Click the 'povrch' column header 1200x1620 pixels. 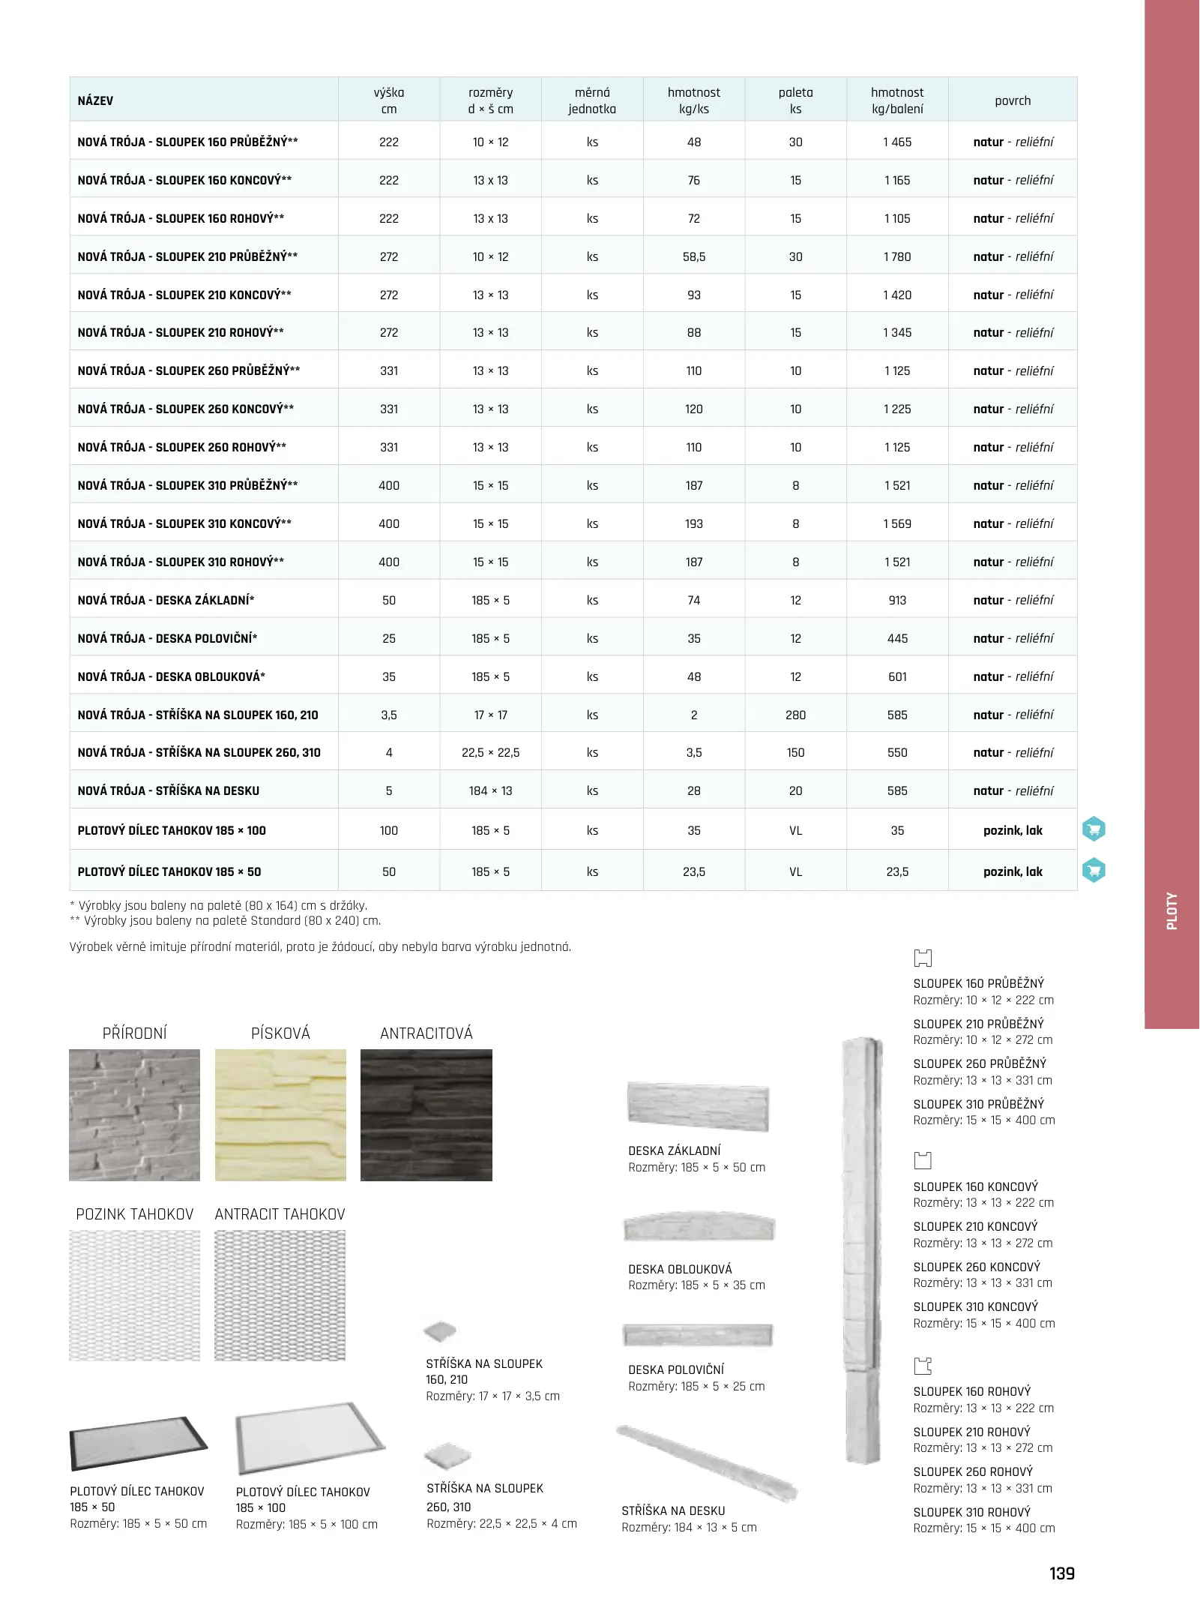[1012, 100]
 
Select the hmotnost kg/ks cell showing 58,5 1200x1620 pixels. [693, 256]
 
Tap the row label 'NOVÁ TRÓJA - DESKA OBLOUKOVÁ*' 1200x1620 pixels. [172, 676]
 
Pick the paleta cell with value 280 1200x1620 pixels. [795, 715]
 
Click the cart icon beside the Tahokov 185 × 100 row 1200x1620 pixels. [1094, 829]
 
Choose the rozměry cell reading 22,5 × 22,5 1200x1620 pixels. [490, 752]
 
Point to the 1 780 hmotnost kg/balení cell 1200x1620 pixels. [896, 256]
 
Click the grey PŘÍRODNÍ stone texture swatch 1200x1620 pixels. [135, 1114]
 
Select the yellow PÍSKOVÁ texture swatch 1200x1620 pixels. [280, 1114]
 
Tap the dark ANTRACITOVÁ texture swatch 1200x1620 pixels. [426, 1114]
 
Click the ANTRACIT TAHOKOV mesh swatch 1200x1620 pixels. [280, 1295]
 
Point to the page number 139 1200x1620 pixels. [1061, 1573]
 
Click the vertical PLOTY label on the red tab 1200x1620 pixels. [1172, 911]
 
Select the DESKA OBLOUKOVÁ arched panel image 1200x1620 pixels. [699, 1227]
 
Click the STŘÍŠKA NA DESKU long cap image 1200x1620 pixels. [706, 1463]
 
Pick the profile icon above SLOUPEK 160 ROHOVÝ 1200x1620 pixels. [923, 1366]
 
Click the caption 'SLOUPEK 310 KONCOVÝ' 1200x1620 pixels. [975, 1306]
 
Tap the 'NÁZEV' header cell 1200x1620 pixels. [96, 100]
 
